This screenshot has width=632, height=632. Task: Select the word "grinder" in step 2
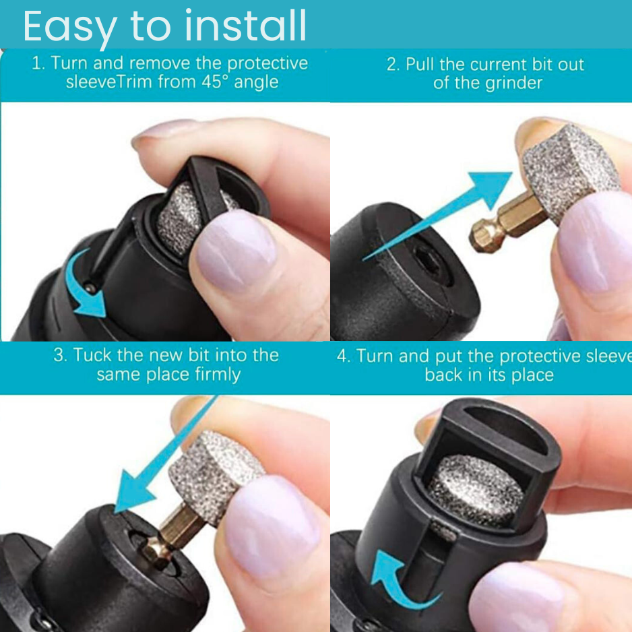[511, 84]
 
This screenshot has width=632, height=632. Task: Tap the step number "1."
[38, 64]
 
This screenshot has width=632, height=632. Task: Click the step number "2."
[393, 65]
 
